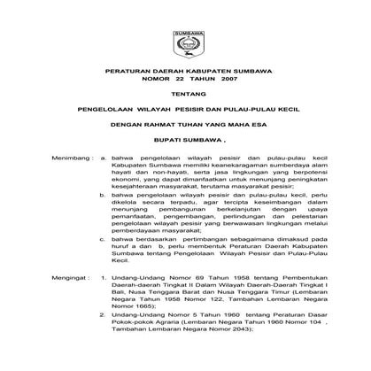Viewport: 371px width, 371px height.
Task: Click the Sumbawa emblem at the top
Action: pos(185,43)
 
